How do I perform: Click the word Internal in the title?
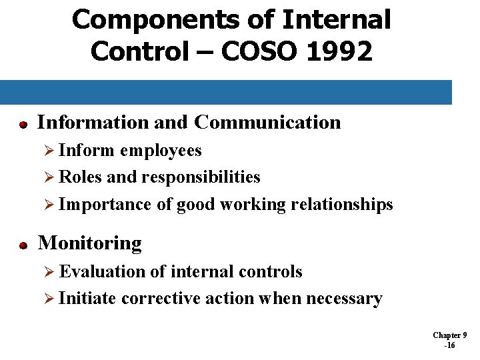click(336, 19)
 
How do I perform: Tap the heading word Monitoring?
click(90, 244)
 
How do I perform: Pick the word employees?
click(161, 151)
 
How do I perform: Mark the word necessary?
click(344, 299)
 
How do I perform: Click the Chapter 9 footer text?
click(449, 335)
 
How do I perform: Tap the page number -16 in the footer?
click(449, 345)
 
